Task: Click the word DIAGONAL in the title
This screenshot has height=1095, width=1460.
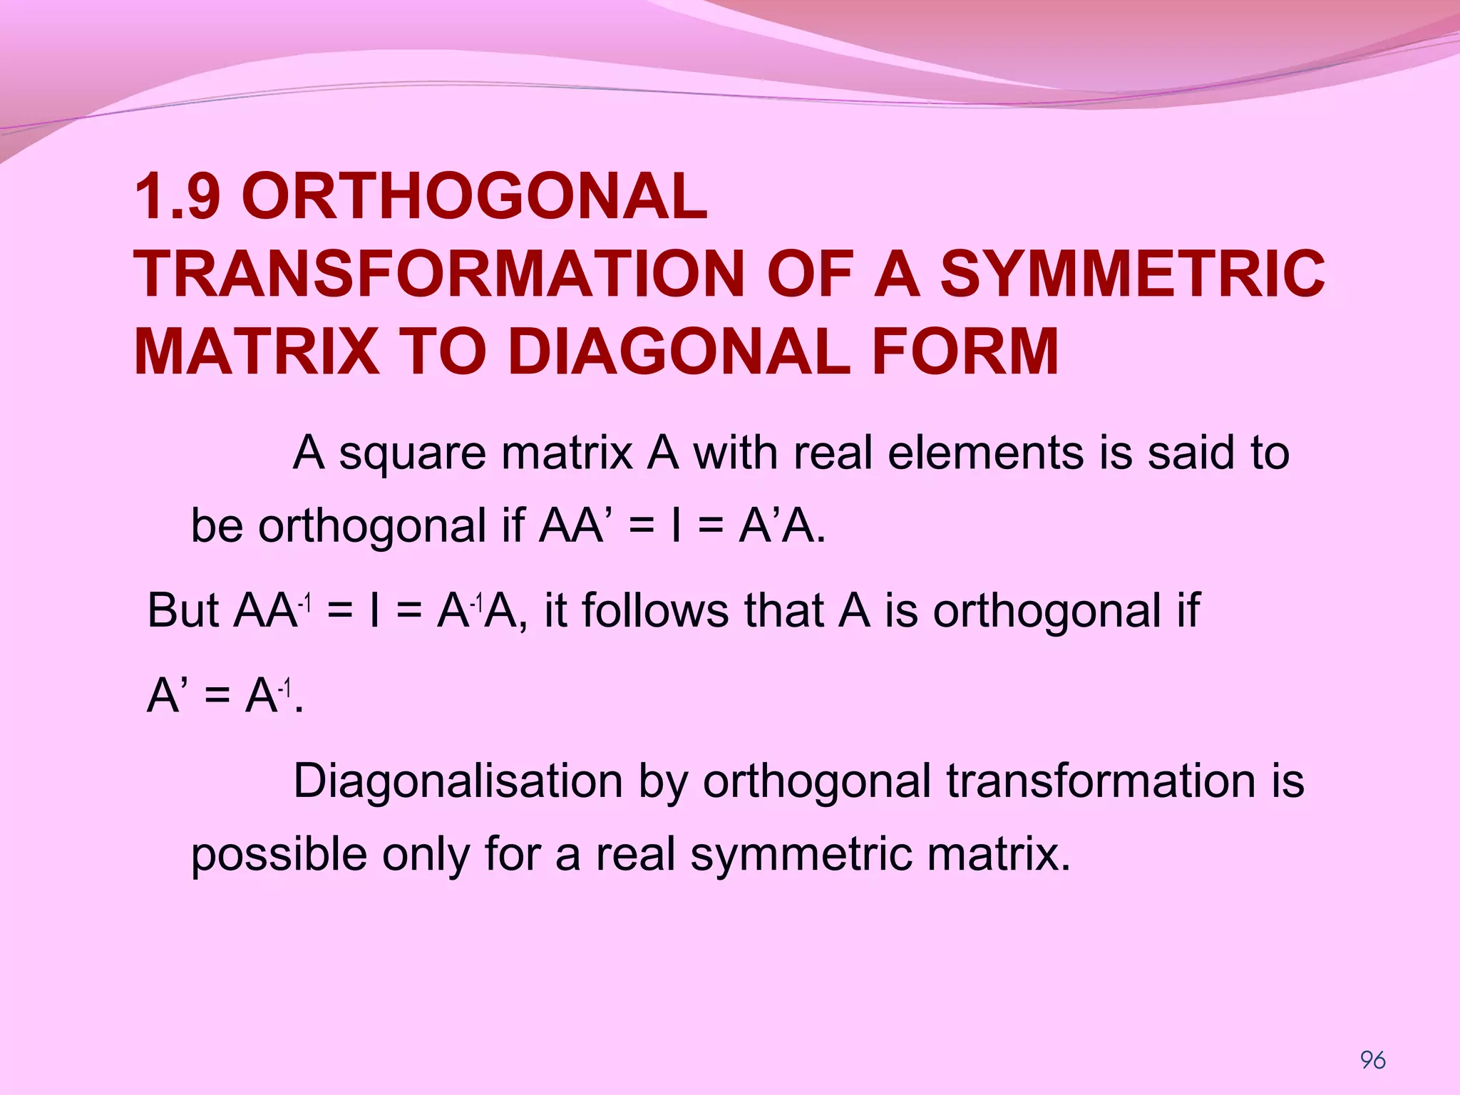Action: click(679, 351)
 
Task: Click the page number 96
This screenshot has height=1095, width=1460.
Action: click(1372, 1060)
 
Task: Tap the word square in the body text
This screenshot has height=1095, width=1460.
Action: click(413, 454)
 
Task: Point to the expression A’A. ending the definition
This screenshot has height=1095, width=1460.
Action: click(782, 526)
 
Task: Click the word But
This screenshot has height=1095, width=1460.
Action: click(182, 611)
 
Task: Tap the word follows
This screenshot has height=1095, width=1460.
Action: click(655, 611)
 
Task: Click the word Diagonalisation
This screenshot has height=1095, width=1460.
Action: click(458, 781)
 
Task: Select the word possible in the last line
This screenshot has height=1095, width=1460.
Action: click(279, 855)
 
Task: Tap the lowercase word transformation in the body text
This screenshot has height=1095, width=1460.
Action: click(1101, 781)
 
